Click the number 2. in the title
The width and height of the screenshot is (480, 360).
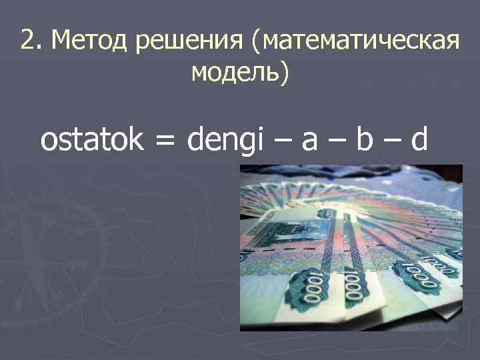pos(31,42)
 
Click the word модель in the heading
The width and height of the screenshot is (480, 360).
pos(236,71)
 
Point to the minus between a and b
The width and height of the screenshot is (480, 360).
pos(344,141)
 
